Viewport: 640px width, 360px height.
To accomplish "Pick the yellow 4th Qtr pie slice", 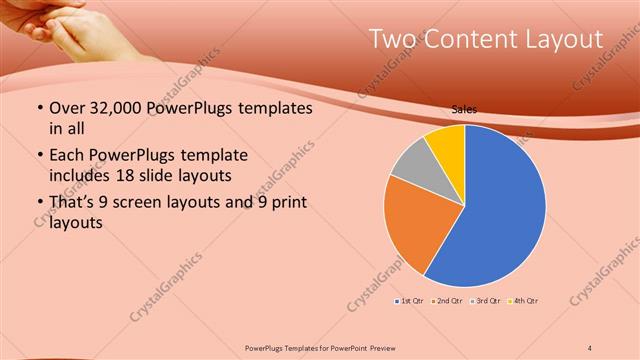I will (446, 145).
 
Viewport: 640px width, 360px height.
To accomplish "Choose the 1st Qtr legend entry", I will (411, 301).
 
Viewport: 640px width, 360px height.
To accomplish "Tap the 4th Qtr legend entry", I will (524, 301).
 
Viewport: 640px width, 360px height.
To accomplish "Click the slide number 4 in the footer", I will (591, 346).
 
